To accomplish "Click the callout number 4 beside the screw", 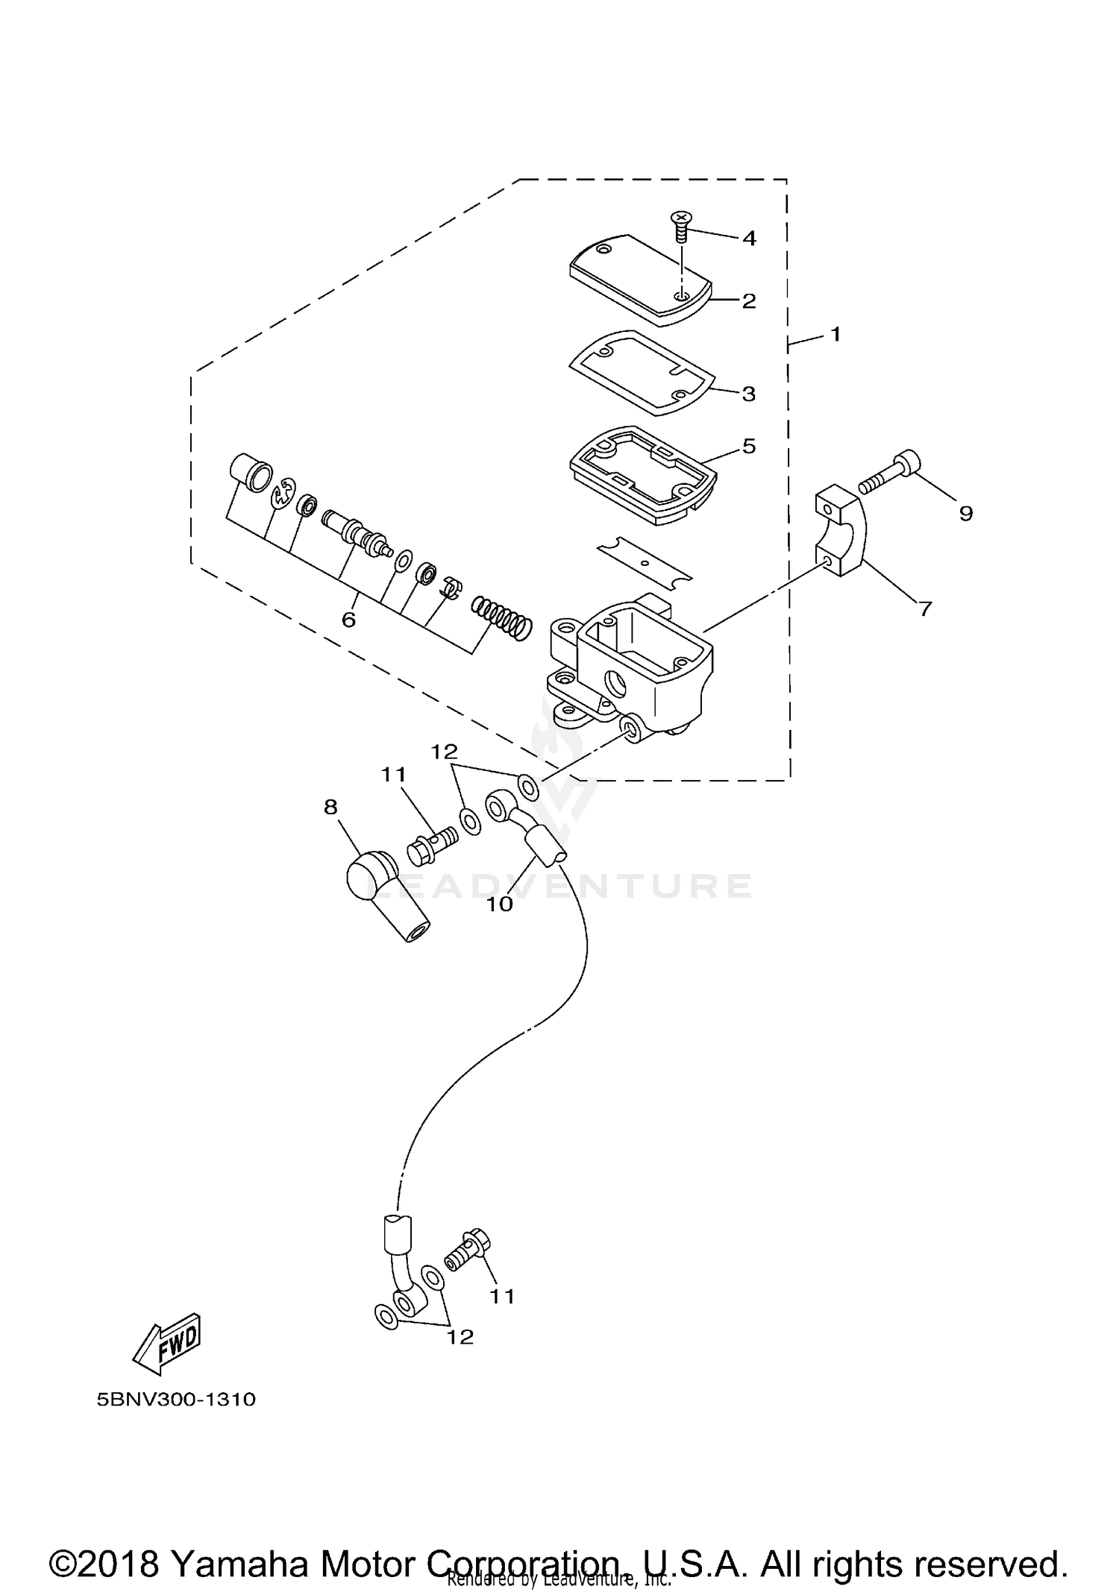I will (x=748, y=239).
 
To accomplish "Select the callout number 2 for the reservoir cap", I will (x=748, y=301).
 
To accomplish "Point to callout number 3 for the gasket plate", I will (x=748, y=394).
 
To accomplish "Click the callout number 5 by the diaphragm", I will (x=749, y=446).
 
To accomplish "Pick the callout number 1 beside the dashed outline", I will (x=836, y=334).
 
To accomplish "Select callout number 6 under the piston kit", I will (x=348, y=620).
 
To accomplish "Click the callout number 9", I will (x=965, y=514).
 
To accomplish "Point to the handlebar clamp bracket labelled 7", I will (x=843, y=529).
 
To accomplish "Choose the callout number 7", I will (x=925, y=609).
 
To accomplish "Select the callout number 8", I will (x=330, y=807).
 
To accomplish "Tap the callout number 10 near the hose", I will (x=500, y=904).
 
